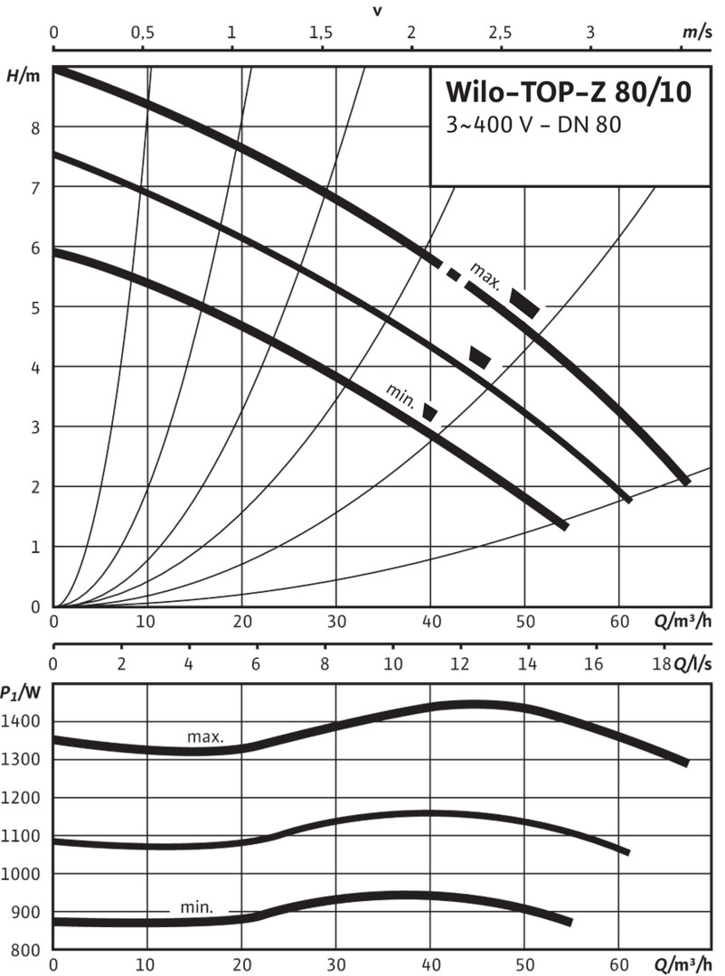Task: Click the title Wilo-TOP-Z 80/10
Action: pyautogui.click(x=569, y=93)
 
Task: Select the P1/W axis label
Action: pyautogui.click(x=23, y=693)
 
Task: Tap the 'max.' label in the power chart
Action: pyautogui.click(x=205, y=737)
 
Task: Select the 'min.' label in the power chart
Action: pyautogui.click(x=196, y=907)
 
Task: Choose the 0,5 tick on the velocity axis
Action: pyautogui.click(x=142, y=33)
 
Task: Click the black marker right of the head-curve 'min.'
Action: pyautogui.click(x=431, y=412)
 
